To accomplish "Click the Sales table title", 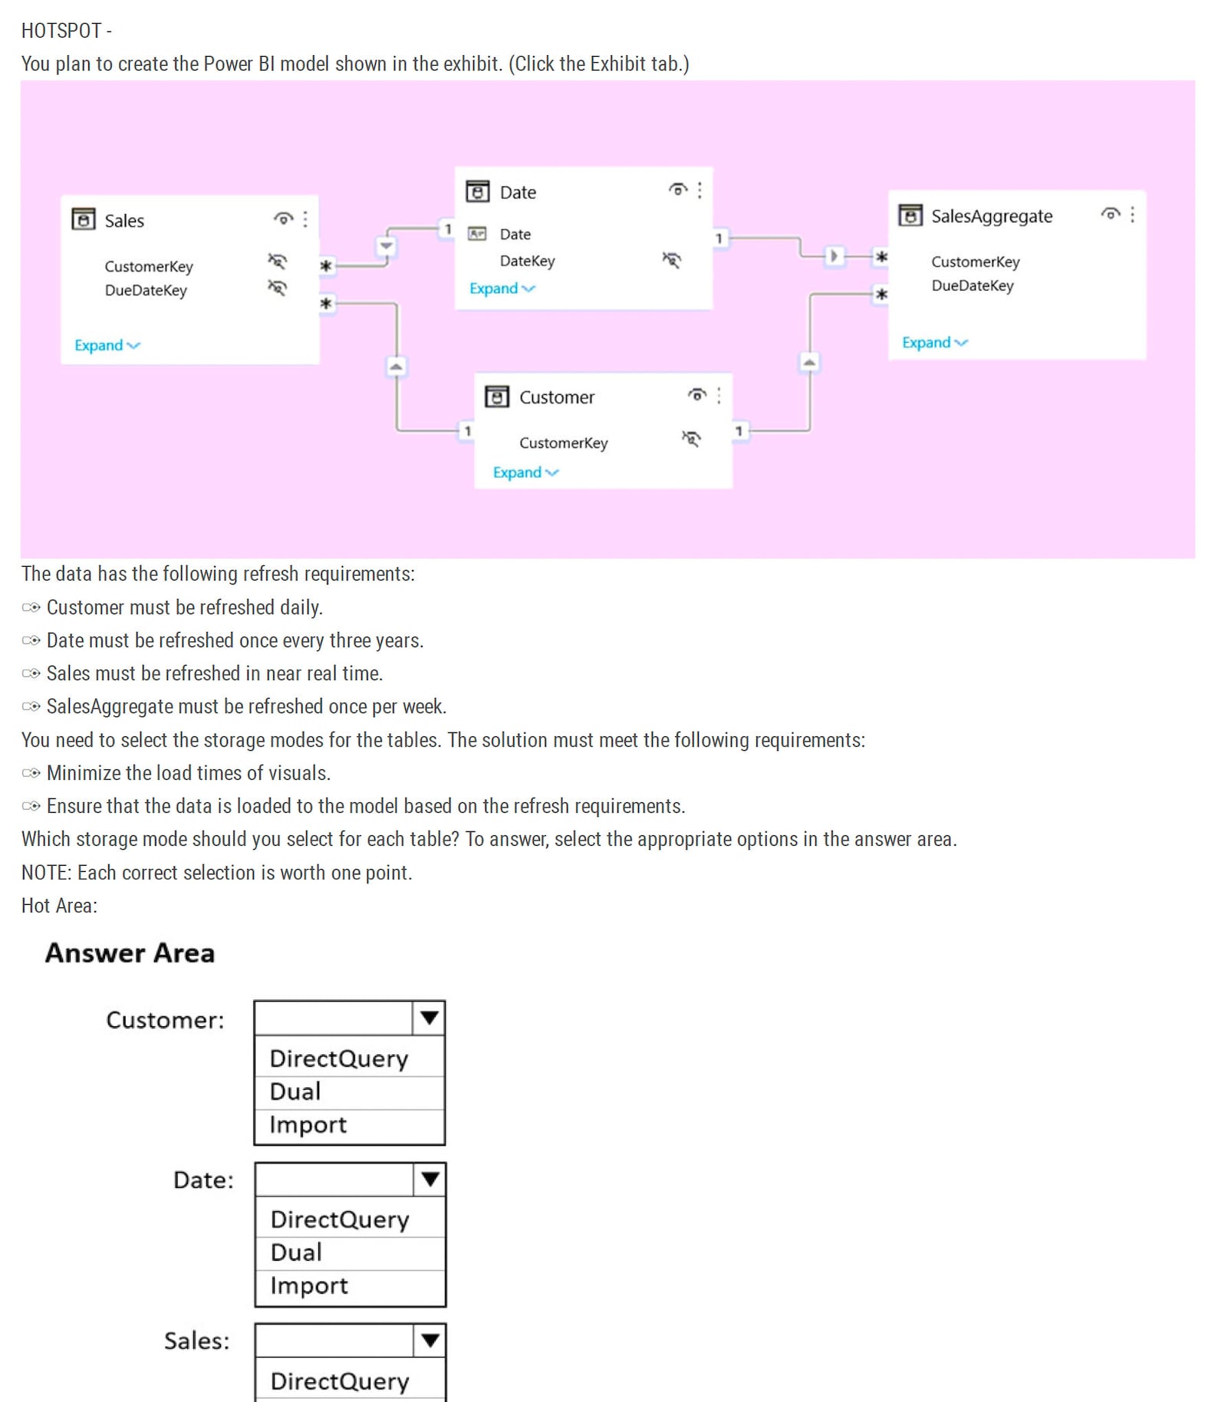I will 124,221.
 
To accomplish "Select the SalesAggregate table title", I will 991,216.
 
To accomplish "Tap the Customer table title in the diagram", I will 556,397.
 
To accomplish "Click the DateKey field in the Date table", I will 527,261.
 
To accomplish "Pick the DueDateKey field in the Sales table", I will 146,290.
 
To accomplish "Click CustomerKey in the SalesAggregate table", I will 975,262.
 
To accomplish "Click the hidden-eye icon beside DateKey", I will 671,260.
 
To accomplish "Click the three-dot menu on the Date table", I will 700,190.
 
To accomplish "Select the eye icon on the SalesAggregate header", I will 1110,214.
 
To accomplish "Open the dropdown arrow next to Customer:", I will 429,1018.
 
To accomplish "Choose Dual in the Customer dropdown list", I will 295,1091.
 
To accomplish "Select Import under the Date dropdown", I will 309,1285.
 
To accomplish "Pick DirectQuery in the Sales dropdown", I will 340,1381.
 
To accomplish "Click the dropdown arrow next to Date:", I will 430,1179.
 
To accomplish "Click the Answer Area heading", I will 130,953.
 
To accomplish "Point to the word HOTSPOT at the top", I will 61,31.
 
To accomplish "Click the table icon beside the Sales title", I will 83,219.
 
